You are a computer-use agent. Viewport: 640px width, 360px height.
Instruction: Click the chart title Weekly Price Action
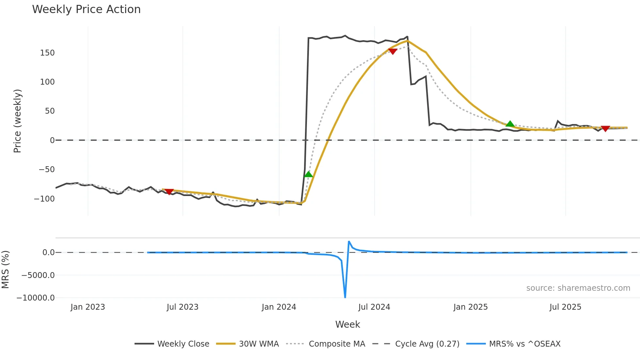point(86,9)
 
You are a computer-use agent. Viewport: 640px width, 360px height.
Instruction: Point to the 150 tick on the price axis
point(47,53)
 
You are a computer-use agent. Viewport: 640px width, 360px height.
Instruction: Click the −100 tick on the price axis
point(44,199)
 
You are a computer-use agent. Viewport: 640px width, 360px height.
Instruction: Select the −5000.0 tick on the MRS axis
point(38,275)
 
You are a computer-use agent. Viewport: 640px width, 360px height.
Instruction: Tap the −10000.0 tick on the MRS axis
point(36,298)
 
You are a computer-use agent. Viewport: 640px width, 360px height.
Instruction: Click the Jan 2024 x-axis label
point(279,307)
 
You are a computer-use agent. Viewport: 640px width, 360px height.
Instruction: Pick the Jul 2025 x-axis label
point(565,307)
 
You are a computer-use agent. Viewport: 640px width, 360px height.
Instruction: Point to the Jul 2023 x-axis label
point(183,307)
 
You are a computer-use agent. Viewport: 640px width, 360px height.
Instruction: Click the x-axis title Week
point(347,324)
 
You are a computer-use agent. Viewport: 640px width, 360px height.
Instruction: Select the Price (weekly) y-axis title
point(17,121)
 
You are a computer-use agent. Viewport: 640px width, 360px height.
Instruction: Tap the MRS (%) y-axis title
point(5,270)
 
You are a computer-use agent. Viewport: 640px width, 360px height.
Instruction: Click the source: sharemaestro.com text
point(578,288)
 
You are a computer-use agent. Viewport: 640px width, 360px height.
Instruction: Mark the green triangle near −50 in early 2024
point(308,174)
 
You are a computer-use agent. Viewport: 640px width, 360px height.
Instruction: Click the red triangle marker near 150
point(392,51)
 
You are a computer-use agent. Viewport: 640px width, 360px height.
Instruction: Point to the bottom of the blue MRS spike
point(345,297)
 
